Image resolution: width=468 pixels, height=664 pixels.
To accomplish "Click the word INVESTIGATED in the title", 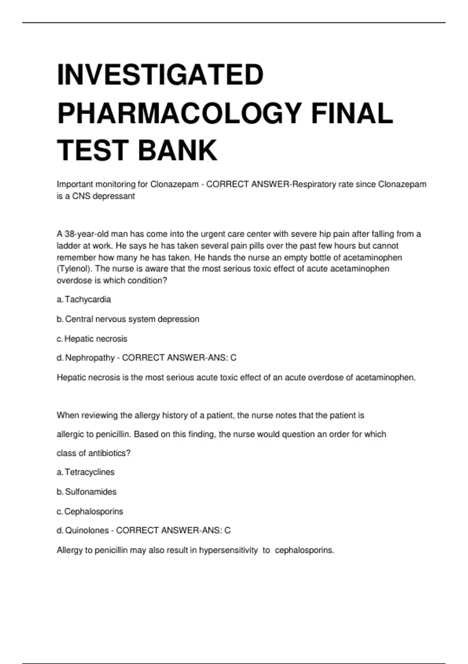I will click(x=160, y=75).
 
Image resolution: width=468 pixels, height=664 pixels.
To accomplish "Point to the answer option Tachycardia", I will click(x=88, y=300).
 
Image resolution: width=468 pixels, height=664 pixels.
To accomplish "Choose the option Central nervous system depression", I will click(x=132, y=319).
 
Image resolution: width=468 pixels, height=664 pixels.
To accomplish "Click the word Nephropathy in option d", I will click(x=90, y=358).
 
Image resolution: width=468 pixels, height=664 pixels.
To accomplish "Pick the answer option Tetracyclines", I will click(x=90, y=472).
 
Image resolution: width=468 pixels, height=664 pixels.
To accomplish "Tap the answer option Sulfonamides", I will click(x=90, y=492).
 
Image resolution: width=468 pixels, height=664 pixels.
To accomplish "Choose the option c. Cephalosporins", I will click(x=94, y=511).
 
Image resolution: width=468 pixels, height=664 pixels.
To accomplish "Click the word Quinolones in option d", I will click(x=87, y=530).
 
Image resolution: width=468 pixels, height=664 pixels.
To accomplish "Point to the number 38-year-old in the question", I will click(x=86, y=234).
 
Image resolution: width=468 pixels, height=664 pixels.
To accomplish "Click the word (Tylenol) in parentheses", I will click(x=74, y=269).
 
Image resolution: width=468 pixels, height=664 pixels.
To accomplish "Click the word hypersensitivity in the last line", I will click(x=228, y=550).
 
